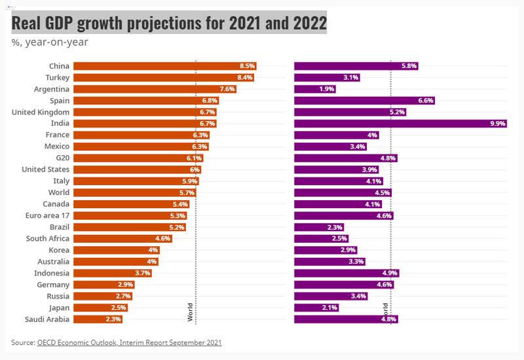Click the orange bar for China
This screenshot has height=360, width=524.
point(164,66)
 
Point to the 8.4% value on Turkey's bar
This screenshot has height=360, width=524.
point(245,77)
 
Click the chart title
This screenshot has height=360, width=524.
point(169,24)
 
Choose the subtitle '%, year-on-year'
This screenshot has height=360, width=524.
point(50,43)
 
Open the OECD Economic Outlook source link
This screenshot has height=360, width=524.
point(130,342)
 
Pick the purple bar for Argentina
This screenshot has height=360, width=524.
point(314,89)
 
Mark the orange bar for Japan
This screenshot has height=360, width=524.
point(100,308)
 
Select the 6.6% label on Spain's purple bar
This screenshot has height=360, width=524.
point(425,101)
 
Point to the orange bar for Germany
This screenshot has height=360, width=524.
point(104,285)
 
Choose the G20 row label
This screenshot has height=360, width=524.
point(63,158)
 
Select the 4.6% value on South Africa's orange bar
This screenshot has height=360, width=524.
point(163,239)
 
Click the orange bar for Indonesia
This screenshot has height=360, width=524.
point(112,273)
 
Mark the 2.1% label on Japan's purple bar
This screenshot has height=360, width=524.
point(329,308)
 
